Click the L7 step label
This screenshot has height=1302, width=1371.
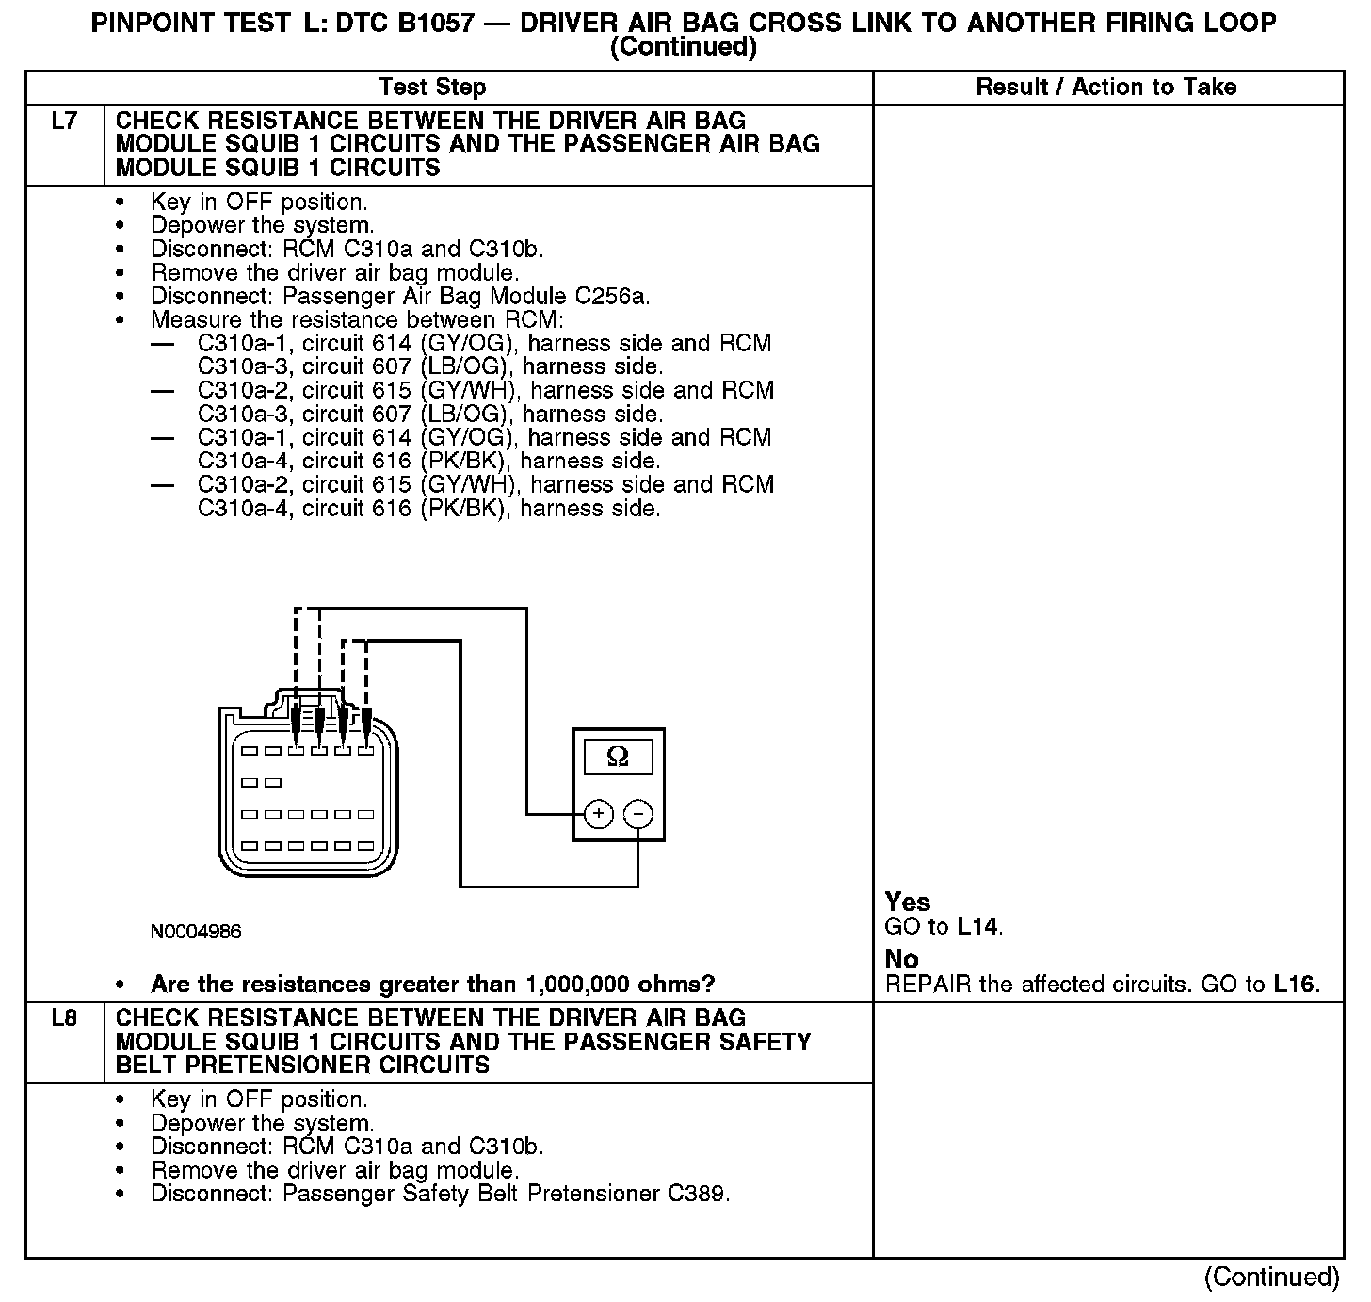point(64,122)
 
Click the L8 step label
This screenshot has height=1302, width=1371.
point(64,1018)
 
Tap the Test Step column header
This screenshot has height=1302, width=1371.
point(432,88)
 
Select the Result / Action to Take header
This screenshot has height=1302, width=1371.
point(1105,88)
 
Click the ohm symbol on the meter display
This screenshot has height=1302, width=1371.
point(618,757)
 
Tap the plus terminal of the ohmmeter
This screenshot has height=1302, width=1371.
point(599,814)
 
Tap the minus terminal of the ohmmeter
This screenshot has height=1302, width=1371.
point(638,814)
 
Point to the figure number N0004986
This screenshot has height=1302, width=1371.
point(196,932)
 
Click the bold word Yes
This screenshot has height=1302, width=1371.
point(908,903)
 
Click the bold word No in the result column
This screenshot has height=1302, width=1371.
point(901,959)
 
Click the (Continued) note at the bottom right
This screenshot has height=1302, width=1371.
point(1271,1277)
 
